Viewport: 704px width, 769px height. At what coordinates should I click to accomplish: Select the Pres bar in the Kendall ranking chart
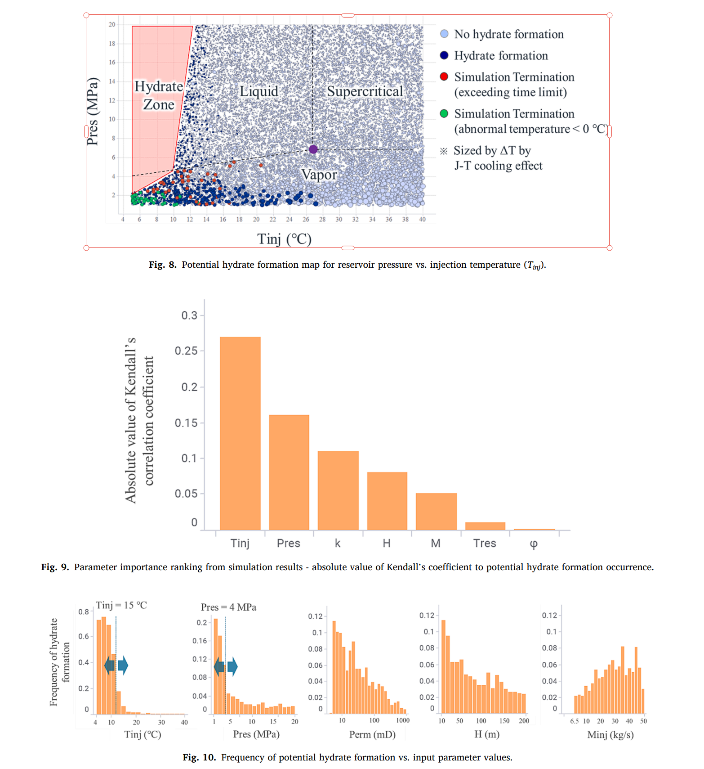tap(289, 472)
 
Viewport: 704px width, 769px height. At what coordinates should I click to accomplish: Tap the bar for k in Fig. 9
tap(338, 490)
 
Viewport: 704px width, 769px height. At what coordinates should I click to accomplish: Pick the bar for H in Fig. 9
tap(387, 500)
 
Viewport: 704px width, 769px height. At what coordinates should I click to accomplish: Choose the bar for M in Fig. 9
tap(436, 511)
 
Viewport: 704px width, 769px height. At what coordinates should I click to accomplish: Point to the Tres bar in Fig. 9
tap(485, 526)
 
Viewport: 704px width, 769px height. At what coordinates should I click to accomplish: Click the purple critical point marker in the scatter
tap(313, 149)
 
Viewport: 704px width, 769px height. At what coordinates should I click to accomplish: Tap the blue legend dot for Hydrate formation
tap(444, 55)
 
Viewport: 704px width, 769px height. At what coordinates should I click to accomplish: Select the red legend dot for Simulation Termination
tap(444, 76)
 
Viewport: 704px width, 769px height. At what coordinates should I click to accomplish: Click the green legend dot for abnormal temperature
tap(444, 113)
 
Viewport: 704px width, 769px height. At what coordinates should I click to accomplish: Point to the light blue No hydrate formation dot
tap(444, 34)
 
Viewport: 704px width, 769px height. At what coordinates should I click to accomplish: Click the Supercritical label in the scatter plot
tap(365, 91)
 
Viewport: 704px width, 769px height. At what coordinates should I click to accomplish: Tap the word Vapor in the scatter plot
tap(319, 175)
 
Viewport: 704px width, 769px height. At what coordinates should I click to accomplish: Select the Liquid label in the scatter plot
tap(258, 91)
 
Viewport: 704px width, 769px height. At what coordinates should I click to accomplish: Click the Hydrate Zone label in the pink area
tap(159, 95)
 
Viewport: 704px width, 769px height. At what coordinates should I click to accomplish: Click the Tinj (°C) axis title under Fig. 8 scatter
tap(284, 239)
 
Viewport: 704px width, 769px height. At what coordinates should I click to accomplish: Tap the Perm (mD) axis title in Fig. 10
tap(372, 734)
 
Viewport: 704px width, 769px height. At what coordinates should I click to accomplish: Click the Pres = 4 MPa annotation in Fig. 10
tap(228, 607)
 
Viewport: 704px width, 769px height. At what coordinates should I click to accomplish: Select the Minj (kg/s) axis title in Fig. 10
tap(610, 734)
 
